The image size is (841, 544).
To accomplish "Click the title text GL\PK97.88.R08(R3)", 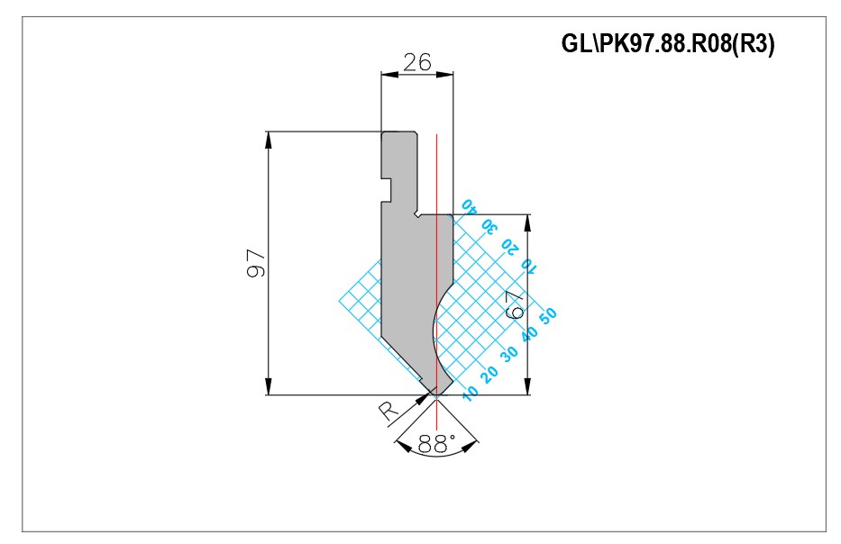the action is pos(668,43).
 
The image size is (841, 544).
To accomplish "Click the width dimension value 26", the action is pos(416,62).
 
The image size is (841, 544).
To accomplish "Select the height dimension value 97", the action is pos(256,263).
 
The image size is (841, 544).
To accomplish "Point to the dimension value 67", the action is pos(516,305).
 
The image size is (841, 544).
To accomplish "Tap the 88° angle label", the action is pos(436,444).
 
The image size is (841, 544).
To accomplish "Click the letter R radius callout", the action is pos(389,411).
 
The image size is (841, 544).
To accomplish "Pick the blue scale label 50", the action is pos(548,315).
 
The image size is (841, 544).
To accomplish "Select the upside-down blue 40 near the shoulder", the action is pos(469,206).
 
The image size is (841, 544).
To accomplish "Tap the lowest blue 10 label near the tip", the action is pos(470,394).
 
